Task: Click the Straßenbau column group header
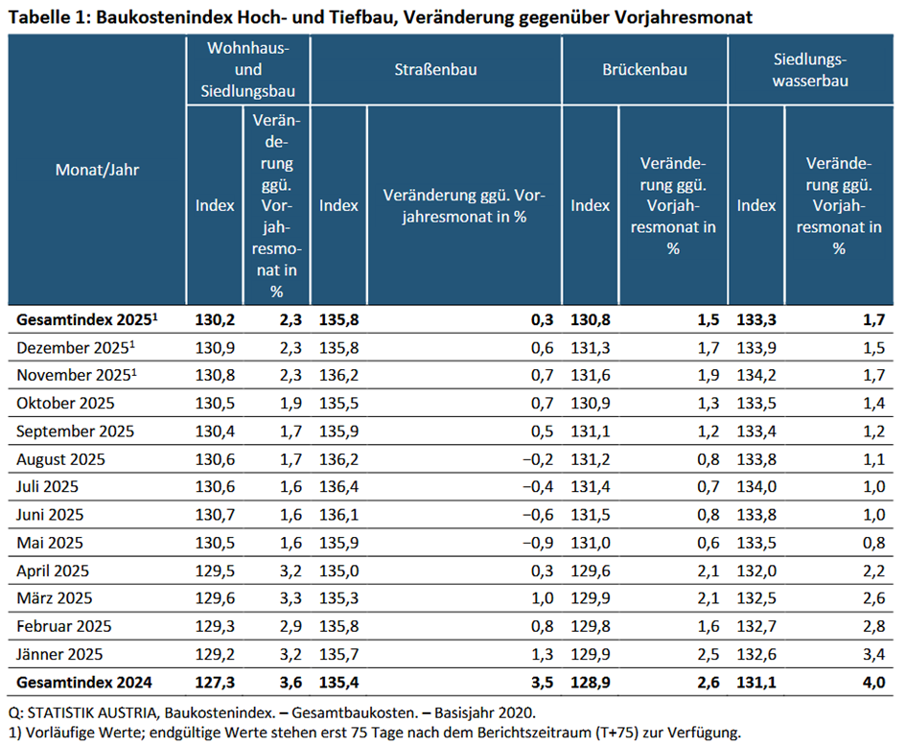pos(435,69)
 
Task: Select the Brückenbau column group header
pos(644,69)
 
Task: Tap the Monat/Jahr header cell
pos(98,170)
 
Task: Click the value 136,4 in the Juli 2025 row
pos(338,487)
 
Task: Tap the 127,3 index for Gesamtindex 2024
pos(215,683)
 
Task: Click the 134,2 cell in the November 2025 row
pos(756,374)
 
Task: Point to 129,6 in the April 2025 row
pos(590,571)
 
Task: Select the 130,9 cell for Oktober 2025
pos(590,403)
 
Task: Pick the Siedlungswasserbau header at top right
pos(815,69)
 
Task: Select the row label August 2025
pos(61,458)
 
